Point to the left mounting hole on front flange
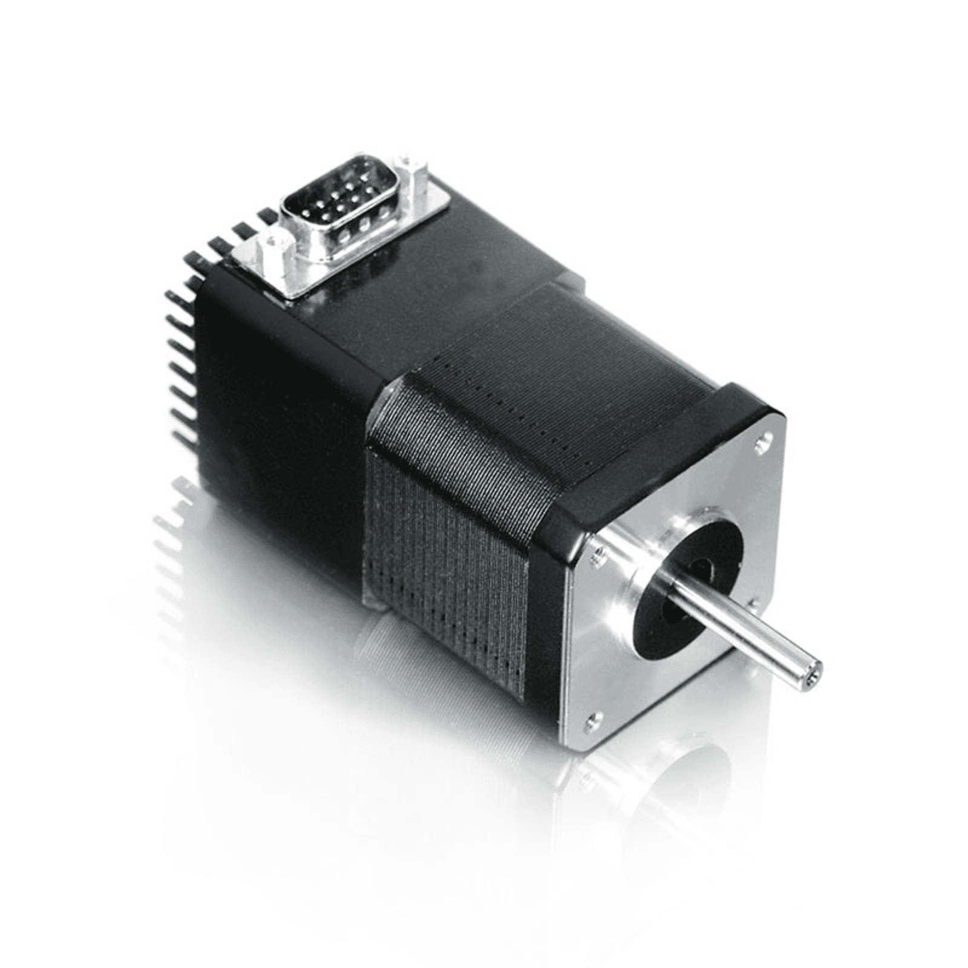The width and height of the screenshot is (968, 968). click(x=598, y=551)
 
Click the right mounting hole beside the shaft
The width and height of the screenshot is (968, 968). click(x=754, y=603)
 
